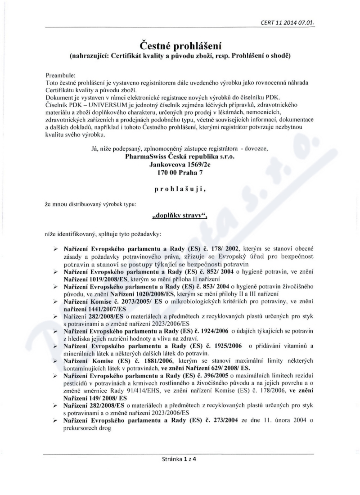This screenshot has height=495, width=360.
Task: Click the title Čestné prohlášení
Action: tap(180, 45)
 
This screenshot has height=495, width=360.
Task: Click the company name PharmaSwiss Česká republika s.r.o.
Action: tap(180, 157)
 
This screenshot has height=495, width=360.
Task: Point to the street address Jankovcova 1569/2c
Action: tap(180, 165)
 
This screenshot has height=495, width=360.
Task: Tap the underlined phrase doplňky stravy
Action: tap(180, 216)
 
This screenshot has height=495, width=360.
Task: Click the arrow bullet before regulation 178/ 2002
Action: tap(55, 249)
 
